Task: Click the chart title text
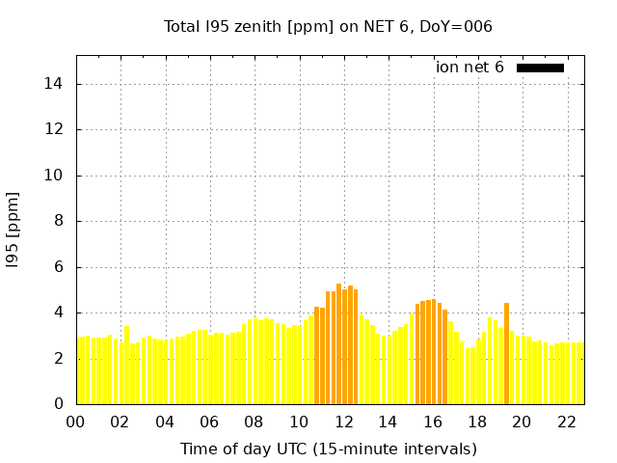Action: point(328,26)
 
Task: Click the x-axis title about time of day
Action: point(328,449)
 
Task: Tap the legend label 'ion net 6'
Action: point(469,68)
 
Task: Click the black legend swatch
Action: point(540,68)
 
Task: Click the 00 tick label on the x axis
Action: point(75,422)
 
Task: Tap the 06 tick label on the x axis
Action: point(209,422)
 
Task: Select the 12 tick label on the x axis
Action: point(343,422)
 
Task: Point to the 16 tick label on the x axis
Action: point(433,422)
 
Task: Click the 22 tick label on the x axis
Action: point(567,422)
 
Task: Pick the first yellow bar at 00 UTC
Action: point(79,371)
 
